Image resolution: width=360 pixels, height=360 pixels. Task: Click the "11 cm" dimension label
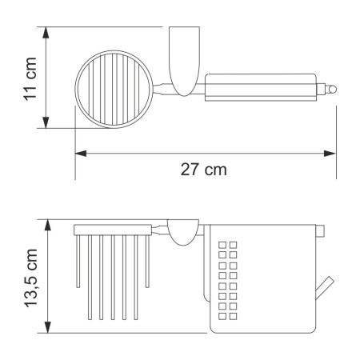tap(30, 77)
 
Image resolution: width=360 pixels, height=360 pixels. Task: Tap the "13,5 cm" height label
tap(30, 275)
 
